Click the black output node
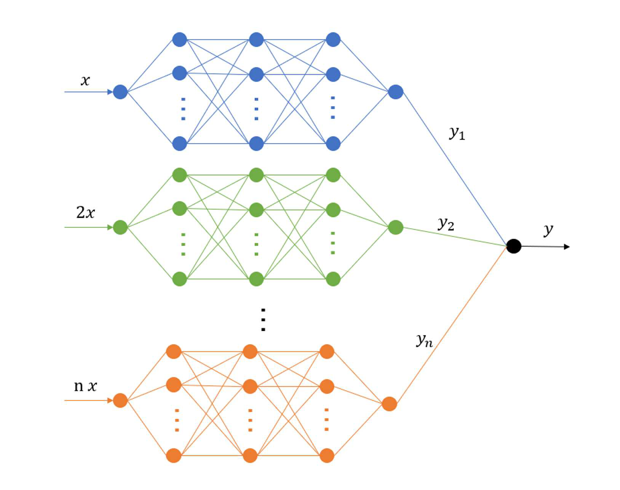pyautogui.click(x=513, y=246)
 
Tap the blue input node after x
pyautogui.click(x=120, y=92)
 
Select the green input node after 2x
pyautogui.click(x=120, y=227)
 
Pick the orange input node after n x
pyautogui.click(x=120, y=401)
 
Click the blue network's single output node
pyautogui.click(x=396, y=92)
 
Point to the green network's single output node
pyautogui.click(x=396, y=227)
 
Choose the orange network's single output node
pyautogui.click(x=389, y=404)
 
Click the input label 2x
pyautogui.click(x=85, y=212)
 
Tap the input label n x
pyautogui.click(x=85, y=386)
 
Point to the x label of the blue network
pyautogui.click(x=85, y=80)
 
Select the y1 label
pyautogui.click(x=457, y=133)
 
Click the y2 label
pyautogui.click(x=446, y=223)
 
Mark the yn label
pyautogui.click(x=424, y=340)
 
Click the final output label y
pyautogui.click(x=548, y=230)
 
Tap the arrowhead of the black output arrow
pyautogui.click(x=567, y=247)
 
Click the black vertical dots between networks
pyautogui.click(x=263, y=320)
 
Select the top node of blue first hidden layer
pyautogui.click(x=179, y=40)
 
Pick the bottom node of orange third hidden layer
pyautogui.click(x=327, y=455)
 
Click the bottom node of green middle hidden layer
pyautogui.click(x=256, y=279)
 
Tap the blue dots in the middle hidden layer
pyautogui.click(x=256, y=109)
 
